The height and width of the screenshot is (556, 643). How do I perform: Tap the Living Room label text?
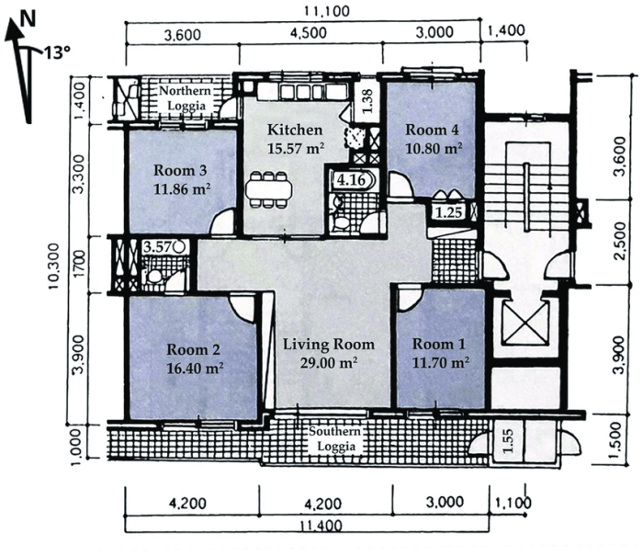(x=328, y=345)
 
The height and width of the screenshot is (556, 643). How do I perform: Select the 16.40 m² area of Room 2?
(x=193, y=366)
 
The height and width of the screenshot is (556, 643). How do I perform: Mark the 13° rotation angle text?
(x=51, y=53)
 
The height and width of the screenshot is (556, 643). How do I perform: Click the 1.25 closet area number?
(x=447, y=212)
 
